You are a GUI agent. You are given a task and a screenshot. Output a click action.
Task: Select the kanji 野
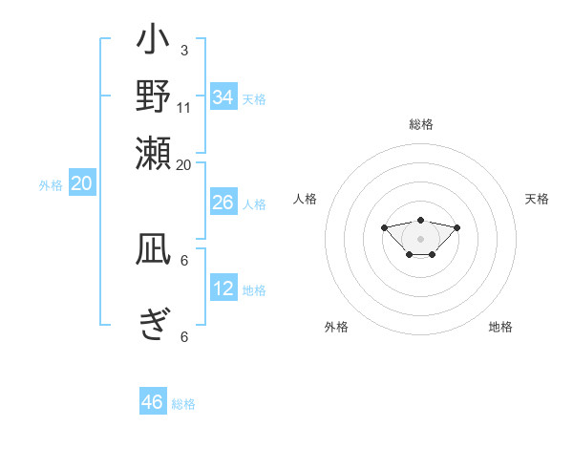tap(153, 97)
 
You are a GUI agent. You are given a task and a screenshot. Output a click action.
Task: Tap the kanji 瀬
tap(153, 150)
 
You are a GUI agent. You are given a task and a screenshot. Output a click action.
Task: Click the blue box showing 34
tap(223, 97)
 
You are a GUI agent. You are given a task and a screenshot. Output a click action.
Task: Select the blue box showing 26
tap(223, 203)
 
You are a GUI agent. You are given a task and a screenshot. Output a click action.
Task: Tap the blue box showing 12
tap(223, 289)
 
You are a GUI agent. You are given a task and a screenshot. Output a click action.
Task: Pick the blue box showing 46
tap(153, 402)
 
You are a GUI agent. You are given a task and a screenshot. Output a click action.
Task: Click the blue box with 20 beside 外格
tap(82, 184)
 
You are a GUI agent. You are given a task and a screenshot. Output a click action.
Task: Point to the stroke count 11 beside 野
tap(183, 107)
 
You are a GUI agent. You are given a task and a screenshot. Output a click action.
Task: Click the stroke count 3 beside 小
tap(183, 50)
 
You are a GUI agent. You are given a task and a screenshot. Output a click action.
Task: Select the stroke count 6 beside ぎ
tap(183, 336)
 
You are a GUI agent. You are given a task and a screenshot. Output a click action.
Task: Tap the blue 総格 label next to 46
tap(183, 404)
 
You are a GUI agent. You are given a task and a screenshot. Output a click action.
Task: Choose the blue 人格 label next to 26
tap(254, 204)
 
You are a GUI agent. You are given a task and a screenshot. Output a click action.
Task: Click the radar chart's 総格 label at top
tap(421, 124)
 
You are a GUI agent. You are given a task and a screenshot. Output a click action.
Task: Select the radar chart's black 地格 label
tap(500, 327)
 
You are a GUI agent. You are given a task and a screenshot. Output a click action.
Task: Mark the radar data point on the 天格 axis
tap(456, 227)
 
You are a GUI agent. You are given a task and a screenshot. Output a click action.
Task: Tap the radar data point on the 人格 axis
tap(384, 227)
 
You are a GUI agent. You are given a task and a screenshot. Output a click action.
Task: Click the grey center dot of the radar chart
tap(420, 239)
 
